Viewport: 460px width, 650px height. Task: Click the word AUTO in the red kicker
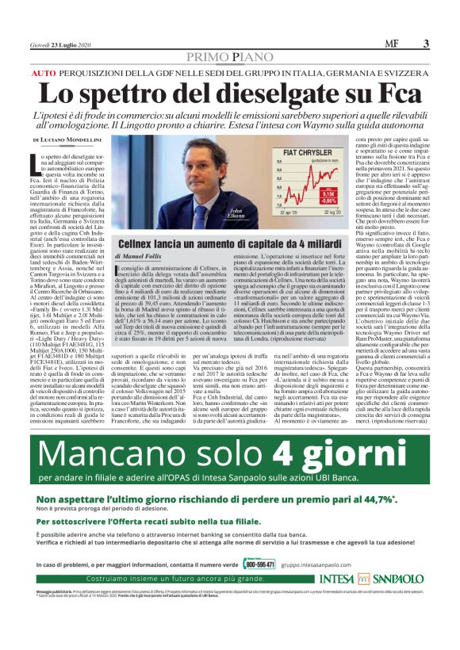click(44, 72)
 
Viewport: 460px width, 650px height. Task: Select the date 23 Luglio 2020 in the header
click(63, 45)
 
